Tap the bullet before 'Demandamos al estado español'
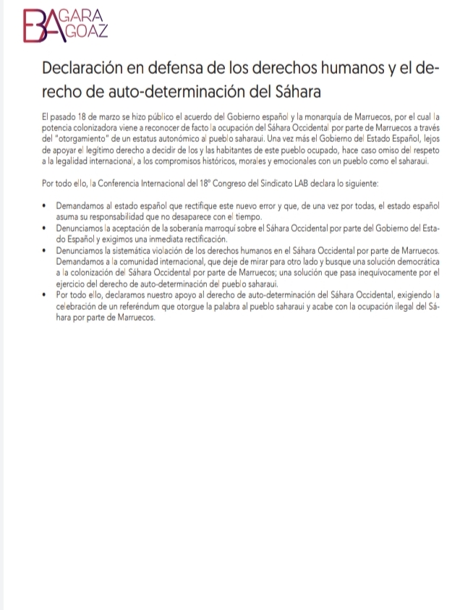(46, 207)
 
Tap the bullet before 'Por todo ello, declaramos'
(46, 295)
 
